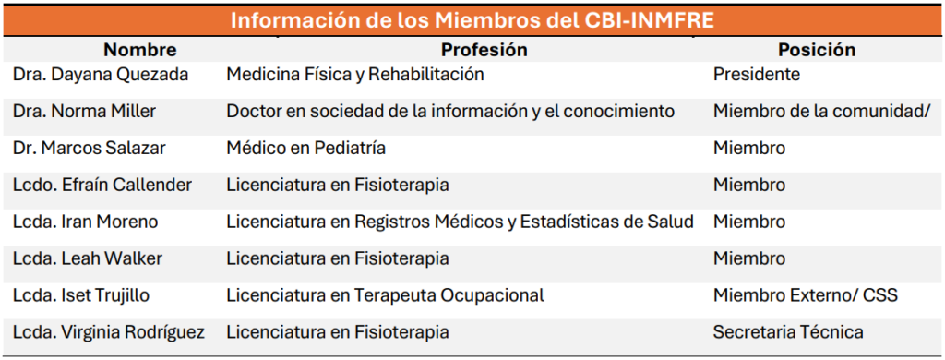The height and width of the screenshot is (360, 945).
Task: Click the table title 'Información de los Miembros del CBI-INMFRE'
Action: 472,19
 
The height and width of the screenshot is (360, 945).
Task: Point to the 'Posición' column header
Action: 816,50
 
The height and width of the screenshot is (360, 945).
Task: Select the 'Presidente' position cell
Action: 756,75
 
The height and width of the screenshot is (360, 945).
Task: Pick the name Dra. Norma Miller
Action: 84,112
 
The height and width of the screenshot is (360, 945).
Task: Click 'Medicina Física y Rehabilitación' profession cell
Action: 355,75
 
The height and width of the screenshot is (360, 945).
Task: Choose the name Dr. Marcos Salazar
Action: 88,149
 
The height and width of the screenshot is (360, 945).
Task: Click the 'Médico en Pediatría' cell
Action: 305,149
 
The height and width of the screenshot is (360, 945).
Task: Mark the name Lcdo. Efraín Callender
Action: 102,186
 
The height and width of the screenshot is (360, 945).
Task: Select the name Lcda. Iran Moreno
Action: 85,222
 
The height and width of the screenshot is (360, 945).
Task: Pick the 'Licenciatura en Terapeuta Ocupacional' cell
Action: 385,296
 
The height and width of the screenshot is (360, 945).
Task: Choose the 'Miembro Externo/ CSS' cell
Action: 806,296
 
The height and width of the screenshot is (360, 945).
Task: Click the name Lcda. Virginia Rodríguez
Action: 109,332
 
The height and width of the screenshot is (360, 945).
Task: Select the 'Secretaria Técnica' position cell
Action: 788,332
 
